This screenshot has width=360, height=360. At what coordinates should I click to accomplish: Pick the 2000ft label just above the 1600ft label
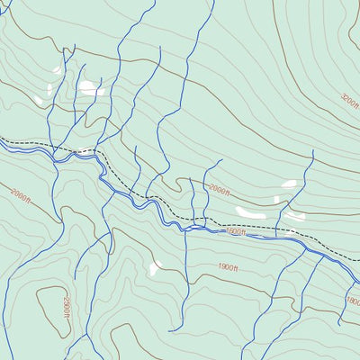pos(220,190)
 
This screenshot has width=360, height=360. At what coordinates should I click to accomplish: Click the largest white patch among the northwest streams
pos(91,88)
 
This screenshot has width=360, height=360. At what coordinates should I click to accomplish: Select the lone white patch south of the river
pos(155,267)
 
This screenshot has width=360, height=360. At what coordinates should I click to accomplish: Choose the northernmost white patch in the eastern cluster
pos(288,184)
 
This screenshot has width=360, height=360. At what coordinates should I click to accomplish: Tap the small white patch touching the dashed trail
pos(86,150)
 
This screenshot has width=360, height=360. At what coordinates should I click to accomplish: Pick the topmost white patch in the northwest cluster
pos(57,69)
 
